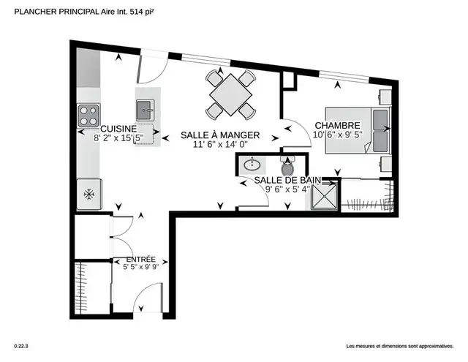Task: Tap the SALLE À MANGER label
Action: click(x=217, y=135)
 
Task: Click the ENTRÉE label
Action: click(x=140, y=260)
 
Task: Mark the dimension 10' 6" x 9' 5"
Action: click(x=337, y=135)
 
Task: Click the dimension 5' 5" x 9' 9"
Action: click(x=140, y=268)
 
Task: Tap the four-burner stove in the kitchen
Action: click(x=88, y=115)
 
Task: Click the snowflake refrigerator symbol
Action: click(x=88, y=195)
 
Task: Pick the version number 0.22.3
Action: click(x=20, y=346)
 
